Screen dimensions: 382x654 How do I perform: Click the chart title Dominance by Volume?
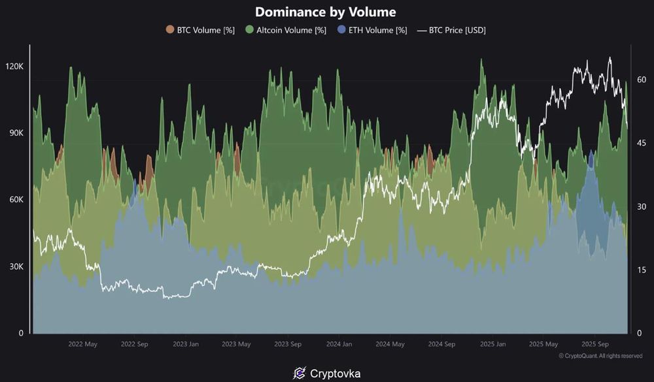click(x=325, y=12)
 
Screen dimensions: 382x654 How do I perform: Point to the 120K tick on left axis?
click(x=14, y=67)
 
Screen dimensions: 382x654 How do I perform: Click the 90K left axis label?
click(x=15, y=133)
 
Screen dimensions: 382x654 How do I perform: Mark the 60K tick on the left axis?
click(x=15, y=200)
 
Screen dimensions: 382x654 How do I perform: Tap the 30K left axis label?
click(x=15, y=266)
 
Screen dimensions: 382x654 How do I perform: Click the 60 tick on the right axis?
click(x=642, y=80)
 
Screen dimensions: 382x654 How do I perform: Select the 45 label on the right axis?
click(x=642, y=143)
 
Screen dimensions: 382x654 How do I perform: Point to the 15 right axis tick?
click(x=642, y=270)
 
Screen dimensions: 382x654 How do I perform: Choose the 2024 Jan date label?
click(x=339, y=344)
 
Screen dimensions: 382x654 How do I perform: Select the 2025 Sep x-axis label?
click(x=596, y=344)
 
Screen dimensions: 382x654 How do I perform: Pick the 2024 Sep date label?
click(x=441, y=344)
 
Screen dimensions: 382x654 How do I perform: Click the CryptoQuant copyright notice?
click(x=600, y=356)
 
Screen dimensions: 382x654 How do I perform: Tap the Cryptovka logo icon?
click(x=300, y=374)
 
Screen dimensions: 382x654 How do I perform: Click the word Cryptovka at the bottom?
click(x=335, y=374)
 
